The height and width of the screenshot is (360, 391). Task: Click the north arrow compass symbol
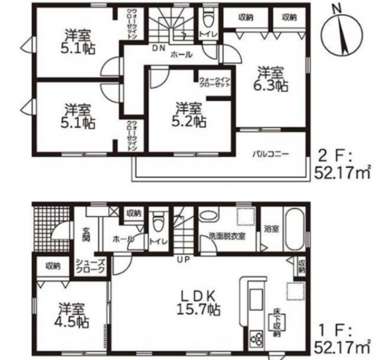[x=342, y=34]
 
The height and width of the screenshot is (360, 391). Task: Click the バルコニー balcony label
[x=270, y=154]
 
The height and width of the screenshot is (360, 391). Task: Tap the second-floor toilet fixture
[x=208, y=20]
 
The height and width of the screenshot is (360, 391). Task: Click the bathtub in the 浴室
[x=295, y=229]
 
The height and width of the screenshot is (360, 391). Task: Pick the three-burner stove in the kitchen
[x=257, y=337]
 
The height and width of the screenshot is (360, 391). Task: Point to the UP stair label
[x=183, y=259]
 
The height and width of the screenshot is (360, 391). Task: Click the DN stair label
[x=159, y=48]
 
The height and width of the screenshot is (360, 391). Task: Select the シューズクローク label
[x=90, y=266]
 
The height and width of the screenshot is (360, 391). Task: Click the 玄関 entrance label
[x=86, y=235]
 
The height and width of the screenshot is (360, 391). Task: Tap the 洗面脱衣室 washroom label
[x=227, y=236]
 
